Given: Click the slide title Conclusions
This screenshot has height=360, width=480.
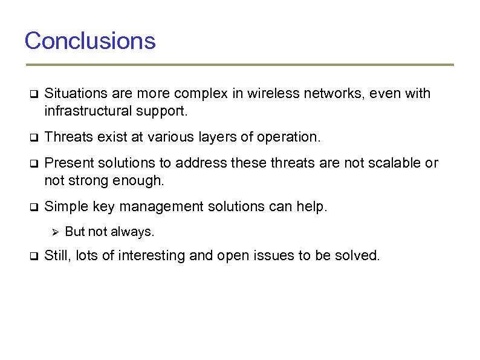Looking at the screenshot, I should tap(90, 41).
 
